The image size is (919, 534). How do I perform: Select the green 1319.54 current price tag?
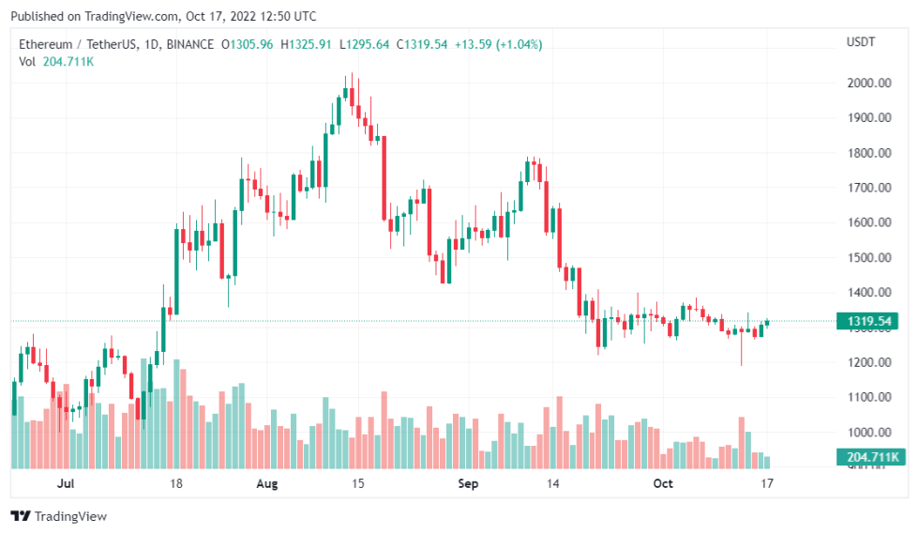[869, 322]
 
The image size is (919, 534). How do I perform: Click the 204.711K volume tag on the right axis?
[867, 457]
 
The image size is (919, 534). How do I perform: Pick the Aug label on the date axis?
[267, 484]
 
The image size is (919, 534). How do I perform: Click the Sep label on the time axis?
[469, 484]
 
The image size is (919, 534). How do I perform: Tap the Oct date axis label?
[663, 484]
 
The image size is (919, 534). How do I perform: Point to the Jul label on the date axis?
[66, 484]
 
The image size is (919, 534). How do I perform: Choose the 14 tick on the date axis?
[553, 484]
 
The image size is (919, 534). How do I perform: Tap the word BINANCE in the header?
[191, 44]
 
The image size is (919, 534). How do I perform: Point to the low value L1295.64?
[365, 44]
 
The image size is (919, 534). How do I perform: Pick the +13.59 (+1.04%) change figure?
[499, 44]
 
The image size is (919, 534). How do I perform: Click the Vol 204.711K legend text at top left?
[55, 62]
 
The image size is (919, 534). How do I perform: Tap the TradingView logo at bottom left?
[58, 516]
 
